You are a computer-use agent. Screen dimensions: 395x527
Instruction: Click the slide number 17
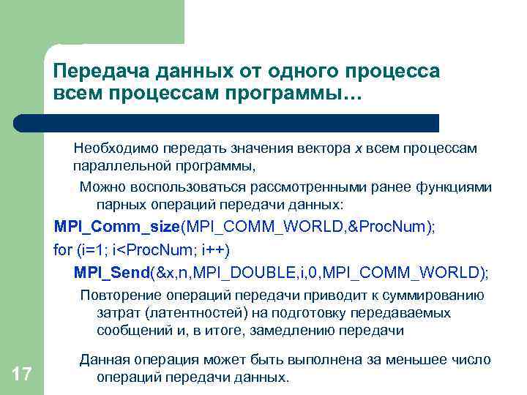22,375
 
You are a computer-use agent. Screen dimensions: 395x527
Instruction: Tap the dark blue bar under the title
242,122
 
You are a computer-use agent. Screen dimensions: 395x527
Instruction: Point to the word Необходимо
116,148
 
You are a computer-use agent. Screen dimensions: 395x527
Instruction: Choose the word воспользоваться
195,186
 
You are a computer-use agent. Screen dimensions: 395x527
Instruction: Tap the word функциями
456,186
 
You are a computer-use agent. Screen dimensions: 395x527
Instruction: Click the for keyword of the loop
63,250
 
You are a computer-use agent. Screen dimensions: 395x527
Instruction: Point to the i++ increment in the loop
217,250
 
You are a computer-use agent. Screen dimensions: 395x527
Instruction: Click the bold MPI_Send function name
111,273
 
